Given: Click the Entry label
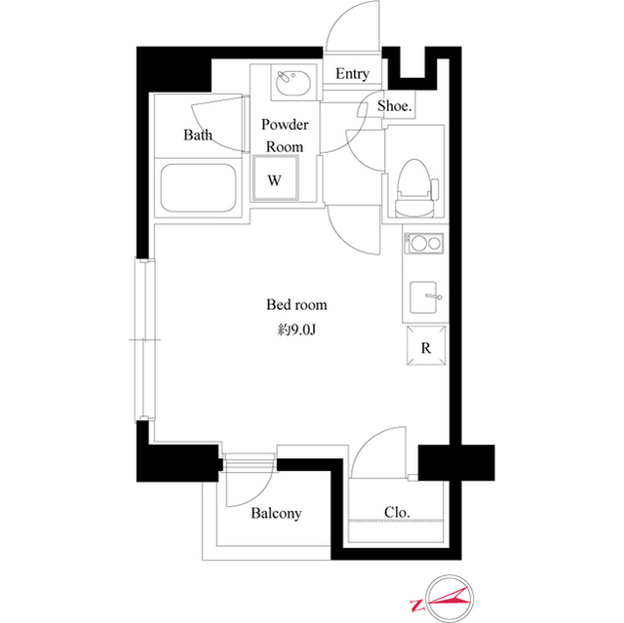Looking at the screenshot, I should click(x=352, y=74).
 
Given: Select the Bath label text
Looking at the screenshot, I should click(x=198, y=136).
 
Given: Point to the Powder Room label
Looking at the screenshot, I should click(x=285, y=136).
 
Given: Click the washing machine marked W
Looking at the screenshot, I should click(x=275, y=180).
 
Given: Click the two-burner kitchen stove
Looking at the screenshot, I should click(x=423, y=243).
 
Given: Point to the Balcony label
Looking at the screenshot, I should click(x=276, y=514).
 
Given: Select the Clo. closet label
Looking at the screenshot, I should click(x=397, y=513).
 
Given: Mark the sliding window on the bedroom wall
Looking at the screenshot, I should click(x=143, y=340).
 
